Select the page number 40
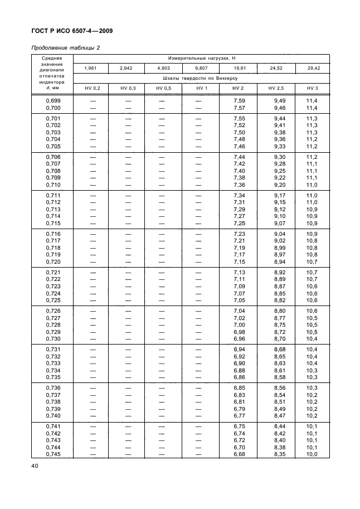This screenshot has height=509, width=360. [27, 466]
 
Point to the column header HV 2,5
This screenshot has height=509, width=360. [276, 88]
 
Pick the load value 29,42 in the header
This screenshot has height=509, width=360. [312, 68]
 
